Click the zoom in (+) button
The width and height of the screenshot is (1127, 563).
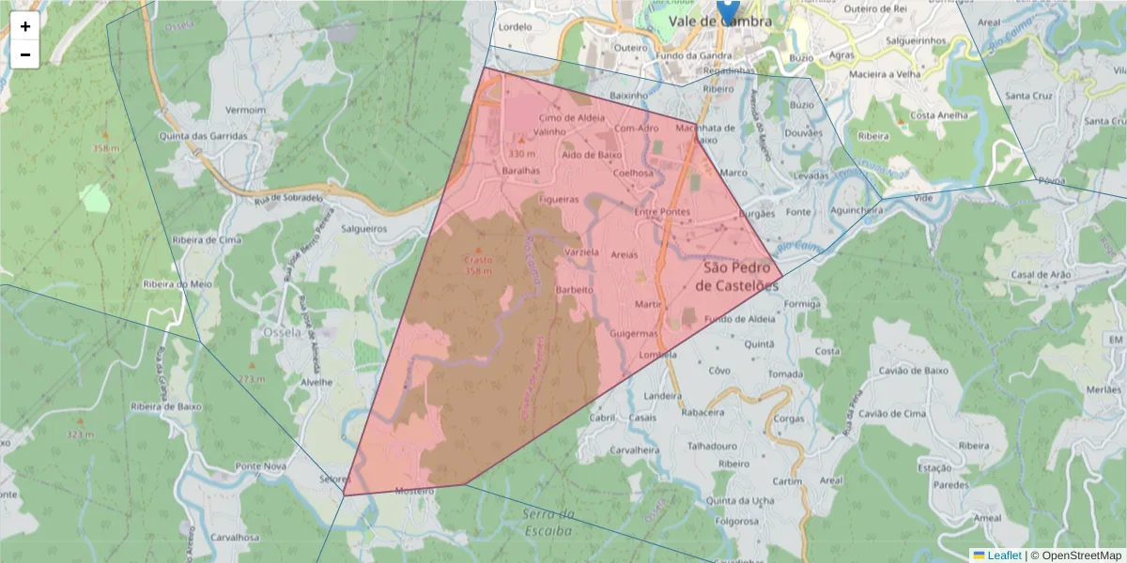point(25,26)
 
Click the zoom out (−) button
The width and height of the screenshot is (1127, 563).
point(25,54)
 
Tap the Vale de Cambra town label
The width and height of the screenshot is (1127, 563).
point(719,22)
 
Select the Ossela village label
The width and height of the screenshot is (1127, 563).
point(282,332)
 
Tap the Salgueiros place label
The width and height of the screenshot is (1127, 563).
point(364,228)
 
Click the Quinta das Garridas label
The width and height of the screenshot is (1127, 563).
point(204,136)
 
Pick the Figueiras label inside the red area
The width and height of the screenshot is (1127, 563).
point(560,199)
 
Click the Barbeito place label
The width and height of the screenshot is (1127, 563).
point(575,290)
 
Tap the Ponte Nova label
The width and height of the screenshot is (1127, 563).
point(260,466)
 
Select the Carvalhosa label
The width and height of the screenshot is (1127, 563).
point(234,538)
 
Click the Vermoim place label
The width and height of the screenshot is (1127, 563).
point(246,110)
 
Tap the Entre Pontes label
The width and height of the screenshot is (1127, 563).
point(662,212)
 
